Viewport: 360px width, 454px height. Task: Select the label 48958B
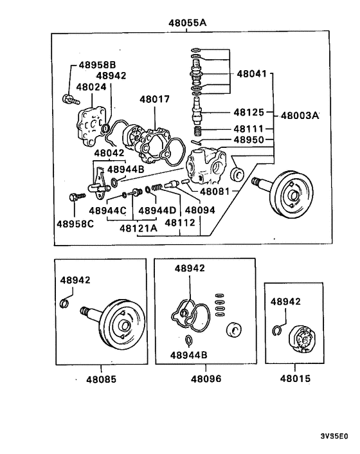97,65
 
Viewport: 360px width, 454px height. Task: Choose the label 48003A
300,116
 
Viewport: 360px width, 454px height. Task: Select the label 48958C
75,224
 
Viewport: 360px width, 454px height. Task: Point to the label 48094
201,210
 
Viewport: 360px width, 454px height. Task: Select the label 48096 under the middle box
205,379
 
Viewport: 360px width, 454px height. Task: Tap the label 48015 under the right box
294,379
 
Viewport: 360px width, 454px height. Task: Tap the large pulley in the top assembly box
291,195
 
